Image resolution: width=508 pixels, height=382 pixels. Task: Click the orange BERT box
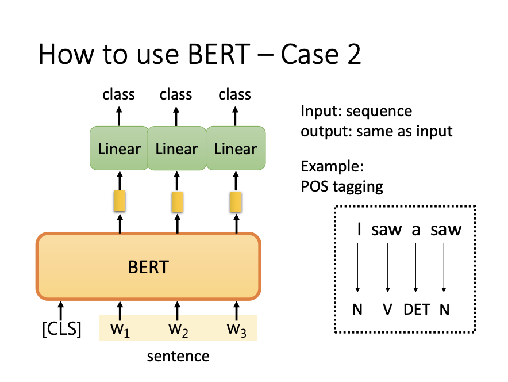pos(149,266)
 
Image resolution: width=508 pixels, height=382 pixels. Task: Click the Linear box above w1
pos(119,149)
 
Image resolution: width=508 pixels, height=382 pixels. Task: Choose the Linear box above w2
pos(176,149)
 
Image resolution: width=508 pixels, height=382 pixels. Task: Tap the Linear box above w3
pos(236,149)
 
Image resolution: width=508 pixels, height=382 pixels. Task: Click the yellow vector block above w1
pos(120,202)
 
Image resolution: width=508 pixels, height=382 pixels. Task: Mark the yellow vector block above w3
pos(236,202)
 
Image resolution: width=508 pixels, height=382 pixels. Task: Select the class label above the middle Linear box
pos(176,94)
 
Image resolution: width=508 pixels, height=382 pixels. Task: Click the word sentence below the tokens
pos(178,356)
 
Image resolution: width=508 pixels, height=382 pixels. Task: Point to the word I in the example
pos(359,230)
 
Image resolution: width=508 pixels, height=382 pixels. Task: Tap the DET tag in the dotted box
pos(417,310)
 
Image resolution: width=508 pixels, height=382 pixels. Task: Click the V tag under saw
pos(387,310)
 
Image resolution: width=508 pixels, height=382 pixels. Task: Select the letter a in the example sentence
pos(415,230)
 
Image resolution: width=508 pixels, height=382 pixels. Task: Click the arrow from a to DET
pos(415,266)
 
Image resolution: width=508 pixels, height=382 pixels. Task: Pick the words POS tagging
pos(342,186)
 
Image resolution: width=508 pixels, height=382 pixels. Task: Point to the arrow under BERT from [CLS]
pos(61,308)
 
